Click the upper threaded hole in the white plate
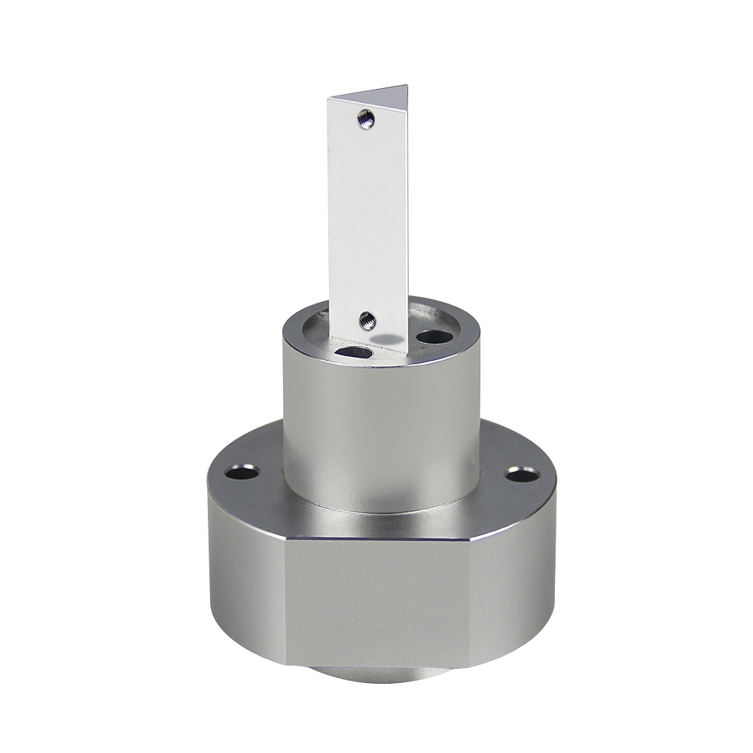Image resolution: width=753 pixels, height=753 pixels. (366, 118)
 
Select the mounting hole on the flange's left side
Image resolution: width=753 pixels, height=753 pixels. (242, 474)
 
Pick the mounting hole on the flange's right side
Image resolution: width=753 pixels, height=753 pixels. (521, 474)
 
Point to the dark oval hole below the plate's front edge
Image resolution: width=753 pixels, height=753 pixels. (355, 352)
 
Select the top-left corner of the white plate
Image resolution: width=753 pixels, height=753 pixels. (328, 99)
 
